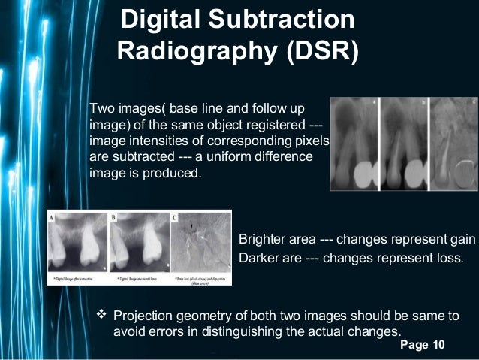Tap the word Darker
click(x=258, y=258)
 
